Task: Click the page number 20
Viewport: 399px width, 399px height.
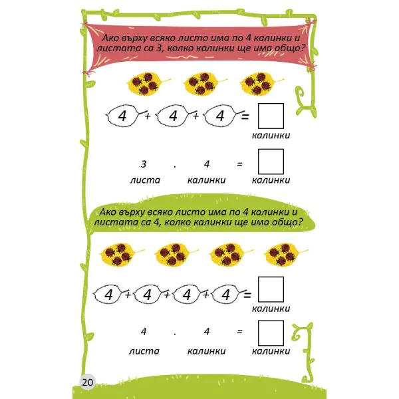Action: (88, 382)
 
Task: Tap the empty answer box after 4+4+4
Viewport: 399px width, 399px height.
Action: (271, 116)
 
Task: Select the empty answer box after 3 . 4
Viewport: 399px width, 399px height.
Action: (271, 162)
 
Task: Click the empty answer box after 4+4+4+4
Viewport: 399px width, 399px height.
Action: (271, 289)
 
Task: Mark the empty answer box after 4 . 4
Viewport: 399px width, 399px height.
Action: (271, 333)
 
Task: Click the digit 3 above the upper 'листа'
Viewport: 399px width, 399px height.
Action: (144, 164)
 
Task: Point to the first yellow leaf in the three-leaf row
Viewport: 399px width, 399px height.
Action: (148, 84)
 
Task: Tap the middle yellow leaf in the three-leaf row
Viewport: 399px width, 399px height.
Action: (204, 84)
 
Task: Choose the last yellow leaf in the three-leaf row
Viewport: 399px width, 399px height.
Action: (261, 84)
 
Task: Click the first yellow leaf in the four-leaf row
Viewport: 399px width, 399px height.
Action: (121, 255)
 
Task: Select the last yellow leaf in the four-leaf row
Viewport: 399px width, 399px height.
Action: (285, 255)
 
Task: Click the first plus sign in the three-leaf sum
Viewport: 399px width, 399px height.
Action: (148, 116)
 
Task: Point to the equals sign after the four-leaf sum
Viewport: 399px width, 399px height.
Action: (247, 295)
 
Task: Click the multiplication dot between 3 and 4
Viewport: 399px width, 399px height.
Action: (174, 167)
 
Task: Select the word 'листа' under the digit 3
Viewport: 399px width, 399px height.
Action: (145, 180)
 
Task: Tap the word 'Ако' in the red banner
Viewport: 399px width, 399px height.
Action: (110, 38)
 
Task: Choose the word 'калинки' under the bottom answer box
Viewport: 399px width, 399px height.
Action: (271, 351)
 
